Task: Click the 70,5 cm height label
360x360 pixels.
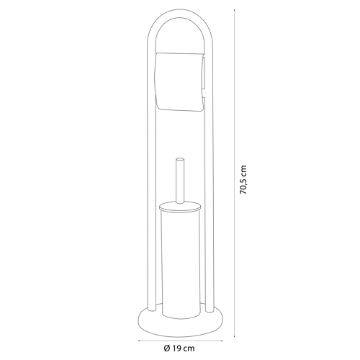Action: coord(243,179)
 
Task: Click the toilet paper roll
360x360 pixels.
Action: coord(180,81)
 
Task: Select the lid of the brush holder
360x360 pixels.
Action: coord(180,206)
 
